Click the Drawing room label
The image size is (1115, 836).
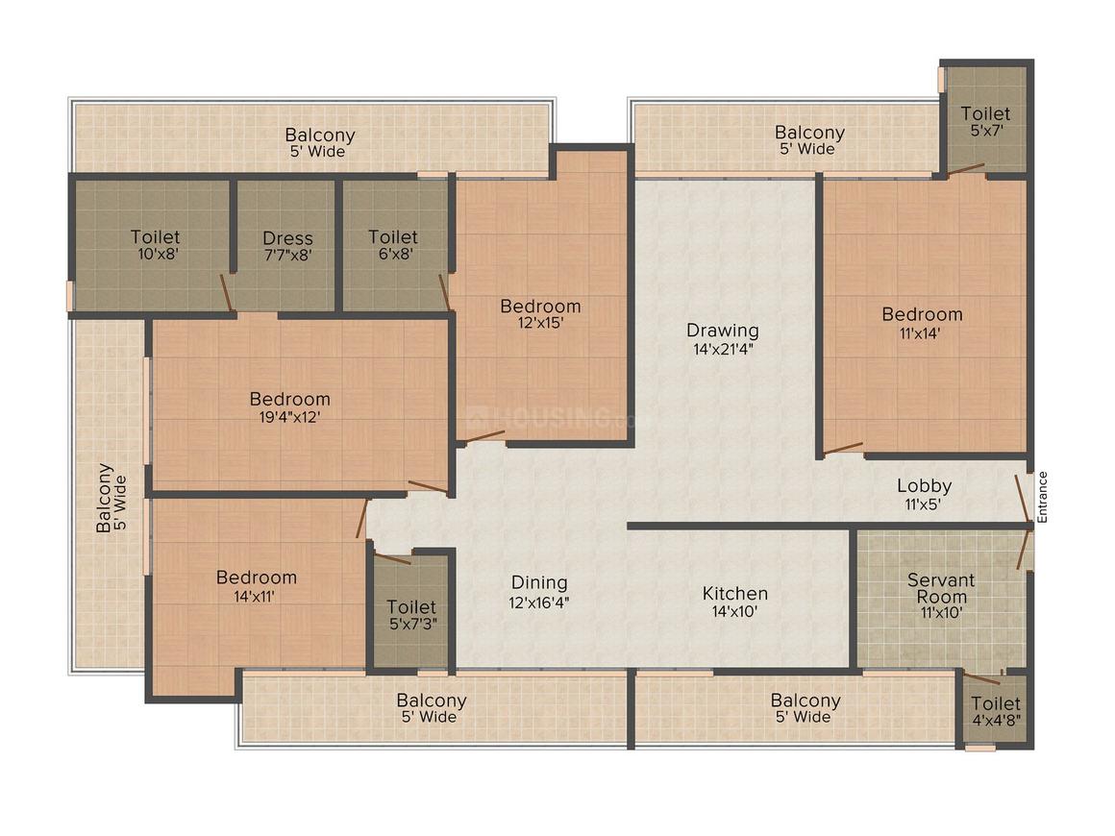click(x=722, y=331)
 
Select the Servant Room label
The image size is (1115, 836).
click(x=941, y=588)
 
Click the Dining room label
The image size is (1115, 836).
click(x=538, y=583)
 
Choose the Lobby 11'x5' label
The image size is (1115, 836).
click(x=924, y=486)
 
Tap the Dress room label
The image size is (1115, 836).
click(x=287, y=238)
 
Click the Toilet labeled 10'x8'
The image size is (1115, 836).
click(x=155, y=245)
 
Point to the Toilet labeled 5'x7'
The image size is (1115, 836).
click(x=985, y=121)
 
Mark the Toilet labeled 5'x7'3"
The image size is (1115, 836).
click(x=410, y=615)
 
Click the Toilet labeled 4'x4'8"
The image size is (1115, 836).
click(x=995, y=711)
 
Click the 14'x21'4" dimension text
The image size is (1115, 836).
click(x=722, y=349)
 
